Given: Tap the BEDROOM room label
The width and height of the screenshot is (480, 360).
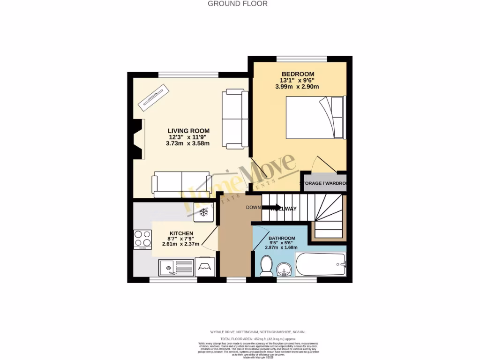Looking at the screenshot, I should [298, 74].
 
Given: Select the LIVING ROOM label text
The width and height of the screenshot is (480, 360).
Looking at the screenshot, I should [189, 131].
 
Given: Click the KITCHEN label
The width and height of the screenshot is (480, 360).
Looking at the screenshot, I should [181, 233].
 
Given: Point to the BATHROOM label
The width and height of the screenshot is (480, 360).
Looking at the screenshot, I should [282, 238].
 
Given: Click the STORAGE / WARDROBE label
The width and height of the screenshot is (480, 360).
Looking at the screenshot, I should [325, 183].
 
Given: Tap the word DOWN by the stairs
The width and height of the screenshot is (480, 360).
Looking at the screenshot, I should [253, 208].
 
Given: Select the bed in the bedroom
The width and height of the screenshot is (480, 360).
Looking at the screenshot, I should [315, 117].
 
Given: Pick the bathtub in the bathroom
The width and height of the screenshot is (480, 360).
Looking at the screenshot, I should [321, 265].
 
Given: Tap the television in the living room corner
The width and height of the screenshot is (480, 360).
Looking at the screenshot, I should [153, 97].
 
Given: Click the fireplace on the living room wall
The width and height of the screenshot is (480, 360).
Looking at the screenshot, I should [137, 140].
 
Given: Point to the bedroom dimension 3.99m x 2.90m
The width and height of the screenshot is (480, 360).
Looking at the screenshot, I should [297, 87].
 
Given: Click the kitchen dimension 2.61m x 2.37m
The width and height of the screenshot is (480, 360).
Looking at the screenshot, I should [181, 244].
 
